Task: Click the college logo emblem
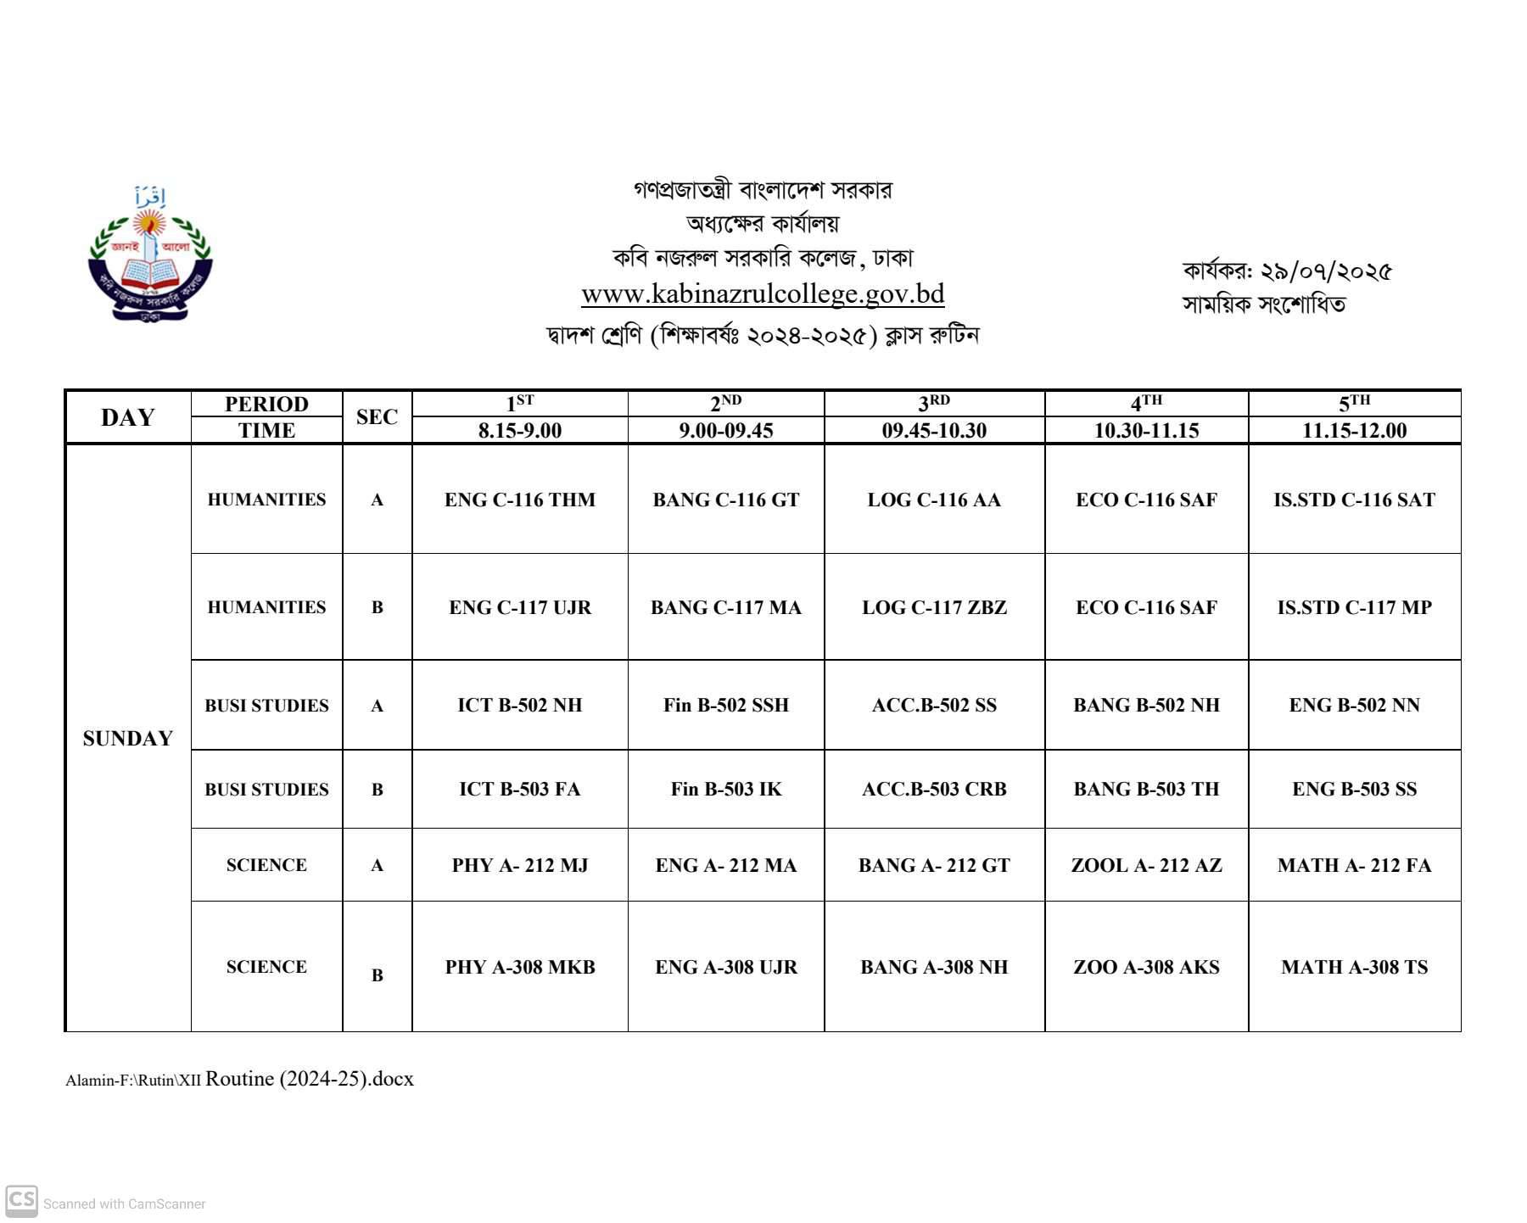point(150,254)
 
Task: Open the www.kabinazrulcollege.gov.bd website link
point(762,294)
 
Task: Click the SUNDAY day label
point(127,739)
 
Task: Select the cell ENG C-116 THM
point(519,500)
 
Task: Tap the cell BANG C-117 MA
point(725,607)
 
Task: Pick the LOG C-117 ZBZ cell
point(934,607)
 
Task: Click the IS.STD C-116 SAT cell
point(1354,500)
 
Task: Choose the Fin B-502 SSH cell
point(725,705)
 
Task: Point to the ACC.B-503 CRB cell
point(934,789)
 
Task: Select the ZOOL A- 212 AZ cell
point(1146,865)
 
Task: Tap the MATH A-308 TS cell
point(1354,967)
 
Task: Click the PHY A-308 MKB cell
point(519,967)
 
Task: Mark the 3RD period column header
point(934,404)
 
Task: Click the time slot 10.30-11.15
point(1146,431)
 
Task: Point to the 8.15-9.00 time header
point(519,431)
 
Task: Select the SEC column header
point(377,417)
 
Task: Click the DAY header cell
point(127,417)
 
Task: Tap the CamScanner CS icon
point(21,1201)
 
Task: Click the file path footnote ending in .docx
point(239,1079)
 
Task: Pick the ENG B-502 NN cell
point(1354,705)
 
